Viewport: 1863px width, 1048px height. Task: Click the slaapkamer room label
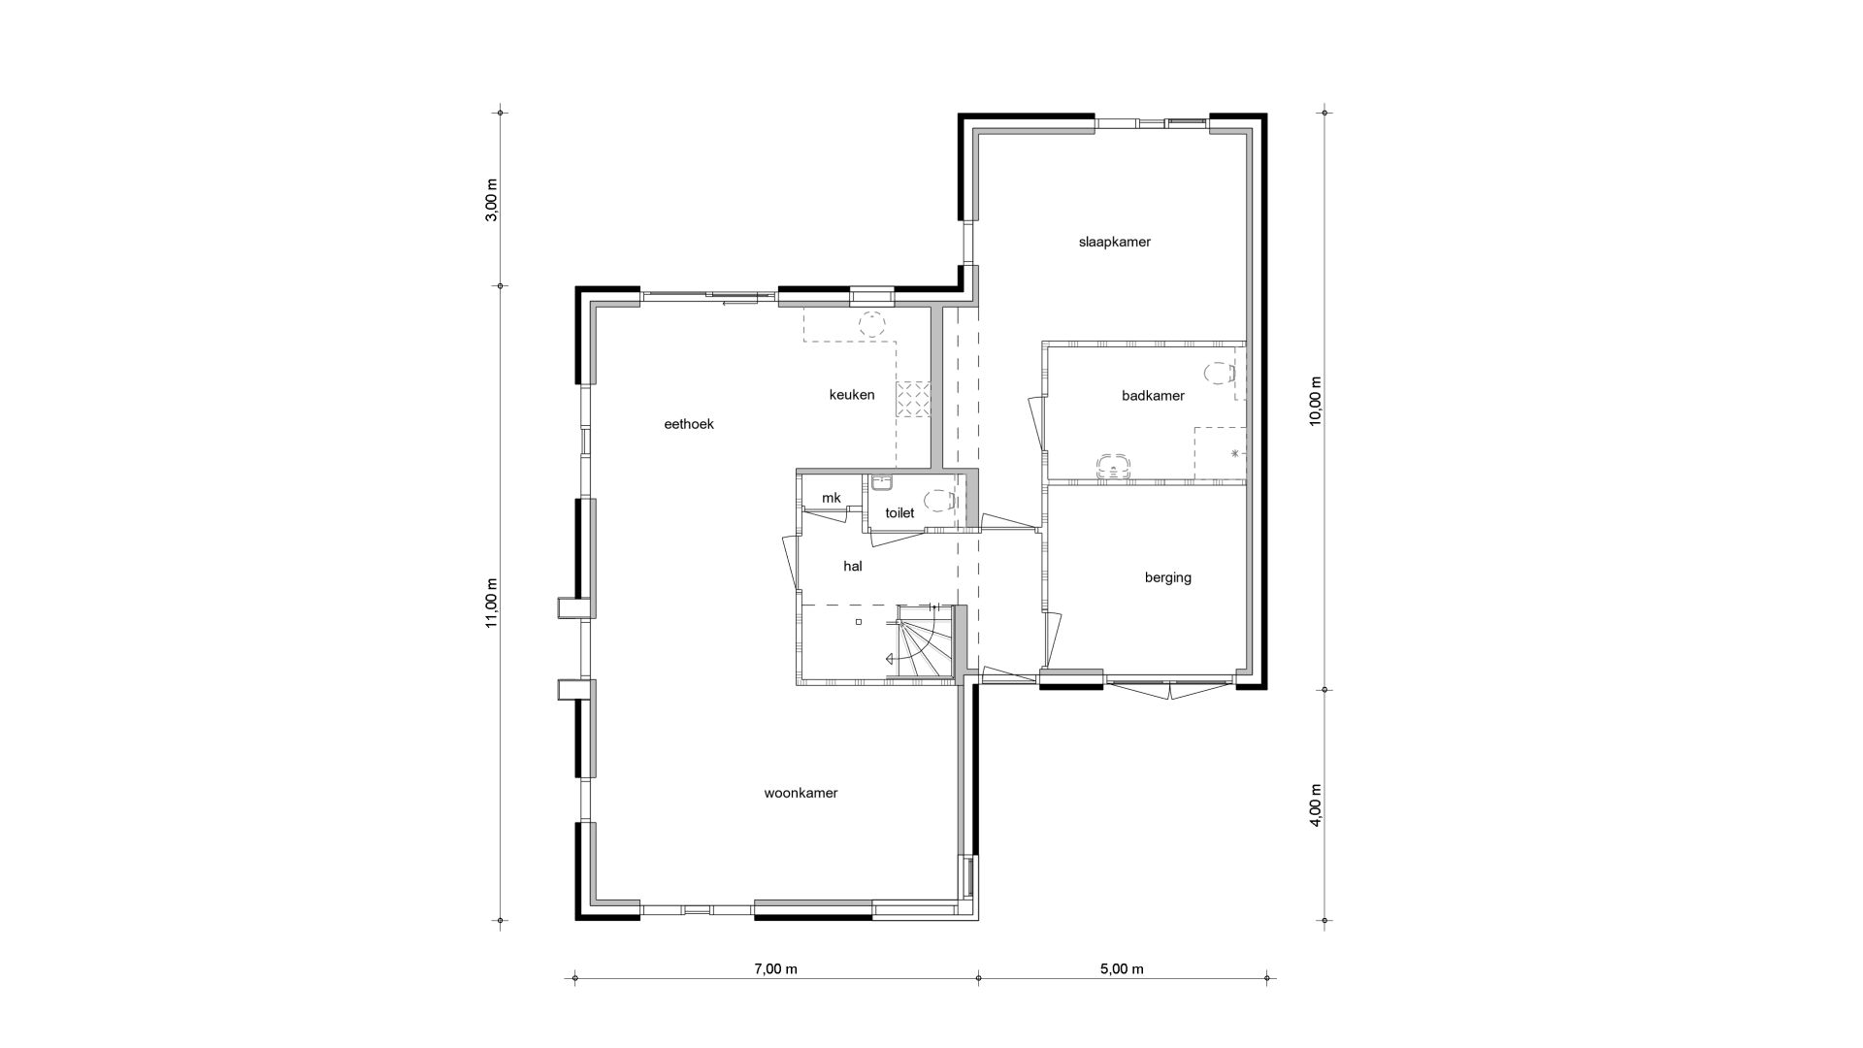click(x=1114, y=242)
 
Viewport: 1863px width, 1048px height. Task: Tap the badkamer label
click(x=1153, y=396)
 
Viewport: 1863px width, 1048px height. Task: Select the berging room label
click(x=1167, y=578)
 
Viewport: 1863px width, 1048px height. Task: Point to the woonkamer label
click(x=801, y=793)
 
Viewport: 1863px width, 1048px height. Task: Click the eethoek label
click(x=689, y=424)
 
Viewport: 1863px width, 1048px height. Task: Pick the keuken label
click(x=852, y=395)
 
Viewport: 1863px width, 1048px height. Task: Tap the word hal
click(x=853, y=566)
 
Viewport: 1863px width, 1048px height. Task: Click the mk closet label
click(x=832, y=498)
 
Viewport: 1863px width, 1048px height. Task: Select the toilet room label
click(x=899, y=512)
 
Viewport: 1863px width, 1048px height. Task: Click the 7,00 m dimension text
click(x=775, y=968)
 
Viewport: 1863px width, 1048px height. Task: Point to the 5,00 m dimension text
click(x=1122, y=968)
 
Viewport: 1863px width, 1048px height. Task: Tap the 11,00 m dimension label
click(x=491, y=603)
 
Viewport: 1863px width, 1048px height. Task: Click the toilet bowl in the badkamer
click(x=1217, y=373)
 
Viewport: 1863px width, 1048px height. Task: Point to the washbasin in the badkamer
click(x=1113, y=465)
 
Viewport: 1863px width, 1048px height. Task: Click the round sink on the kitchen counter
click(x=873, y=323)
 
